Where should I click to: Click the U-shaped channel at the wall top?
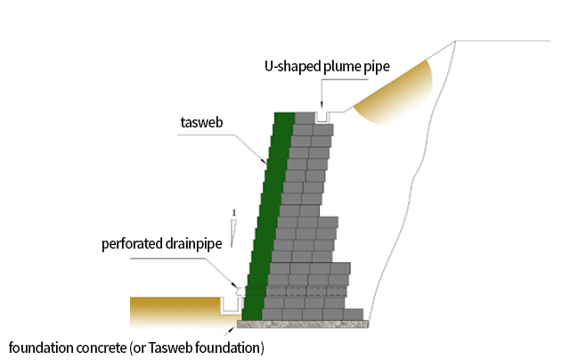[x=324, y=117]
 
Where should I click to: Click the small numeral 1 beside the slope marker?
[x=232, y=212]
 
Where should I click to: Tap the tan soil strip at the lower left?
[x=173, y=312]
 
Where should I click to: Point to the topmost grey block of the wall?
[x=305, y=118]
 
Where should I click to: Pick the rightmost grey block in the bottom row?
[x=353, y=314]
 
